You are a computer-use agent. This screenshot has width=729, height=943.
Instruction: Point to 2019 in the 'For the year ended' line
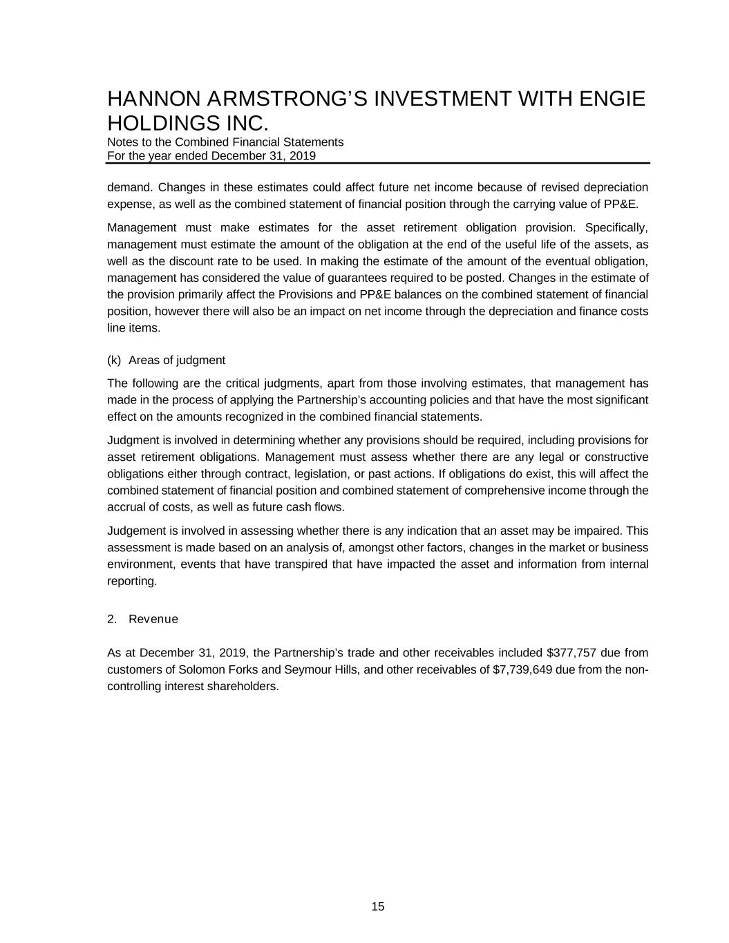click(x=303, y=155)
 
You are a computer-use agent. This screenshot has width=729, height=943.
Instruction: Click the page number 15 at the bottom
click(x=378, y=907)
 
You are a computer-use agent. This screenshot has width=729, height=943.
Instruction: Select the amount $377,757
click(x=571, y=653)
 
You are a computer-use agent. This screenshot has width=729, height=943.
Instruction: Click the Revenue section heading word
click(x=153, y=619)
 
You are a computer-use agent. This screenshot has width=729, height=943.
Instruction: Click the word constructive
click(x=612, y=457)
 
